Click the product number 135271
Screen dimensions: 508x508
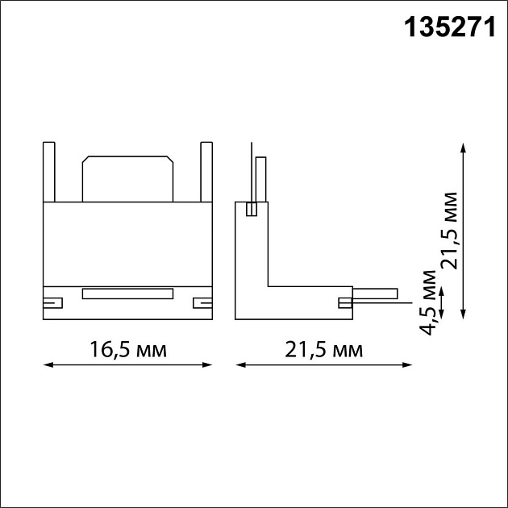click(448, 29)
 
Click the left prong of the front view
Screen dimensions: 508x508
click(48, 171)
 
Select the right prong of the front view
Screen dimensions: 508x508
click(206, 171)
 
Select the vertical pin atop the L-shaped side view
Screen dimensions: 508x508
click(261, 179)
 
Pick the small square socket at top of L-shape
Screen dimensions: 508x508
click(252, 209)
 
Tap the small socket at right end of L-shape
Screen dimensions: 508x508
click(345, 302)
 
